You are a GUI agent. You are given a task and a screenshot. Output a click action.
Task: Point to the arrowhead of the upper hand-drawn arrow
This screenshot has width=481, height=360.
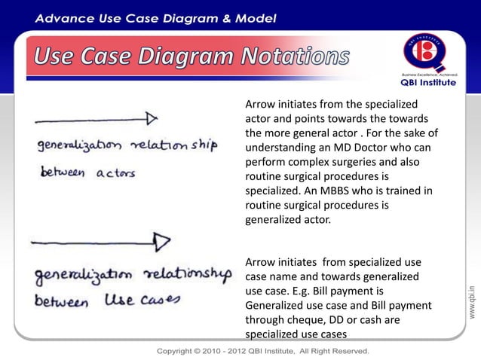(152, 118)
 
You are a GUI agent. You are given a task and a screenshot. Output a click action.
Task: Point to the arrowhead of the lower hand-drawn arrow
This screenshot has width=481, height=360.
(161, 241)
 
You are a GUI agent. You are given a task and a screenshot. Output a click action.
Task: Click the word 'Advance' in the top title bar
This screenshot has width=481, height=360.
(68, 17)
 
